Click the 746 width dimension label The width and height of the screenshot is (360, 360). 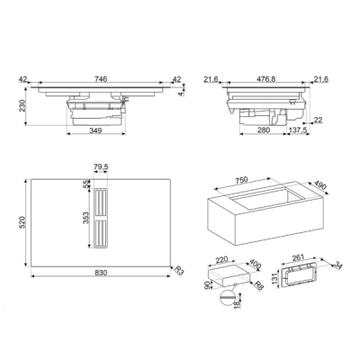point(101,79)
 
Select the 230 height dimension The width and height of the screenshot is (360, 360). point(22,105)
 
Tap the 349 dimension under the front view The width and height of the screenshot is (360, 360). point(96,130)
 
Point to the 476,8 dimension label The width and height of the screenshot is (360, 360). point(265,79)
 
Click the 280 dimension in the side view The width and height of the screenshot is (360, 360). point(264,130)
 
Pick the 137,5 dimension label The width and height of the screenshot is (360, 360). point(298,130)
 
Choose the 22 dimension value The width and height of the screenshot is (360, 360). point(318,120)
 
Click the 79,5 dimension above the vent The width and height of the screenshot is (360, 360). point(101,167)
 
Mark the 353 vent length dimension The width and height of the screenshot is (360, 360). point(85,218)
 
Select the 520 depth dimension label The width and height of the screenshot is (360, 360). point(22,222)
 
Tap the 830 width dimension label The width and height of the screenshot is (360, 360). point(101,273)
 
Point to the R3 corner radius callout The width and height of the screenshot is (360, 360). point(179,270)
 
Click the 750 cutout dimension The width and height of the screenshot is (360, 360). point(241,180)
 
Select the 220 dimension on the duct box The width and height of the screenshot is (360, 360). point(222,259)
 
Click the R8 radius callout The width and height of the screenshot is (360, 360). point(258,286)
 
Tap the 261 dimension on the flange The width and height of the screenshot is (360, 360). point(298,257)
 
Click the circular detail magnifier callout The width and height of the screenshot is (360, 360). point(227,297)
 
